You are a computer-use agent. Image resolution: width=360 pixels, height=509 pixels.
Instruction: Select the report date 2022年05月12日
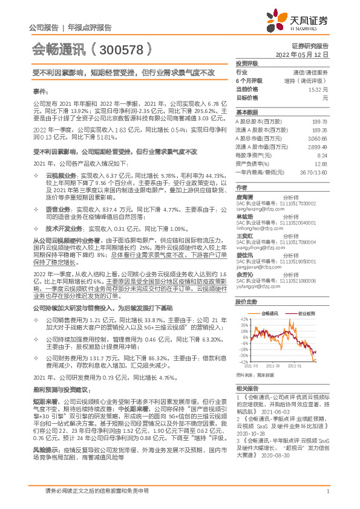(x=305, y=54)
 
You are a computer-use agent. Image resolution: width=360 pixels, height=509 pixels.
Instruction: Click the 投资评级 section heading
(x=247, y=63)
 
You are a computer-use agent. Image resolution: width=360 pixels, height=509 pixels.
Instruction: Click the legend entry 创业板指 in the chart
(x=306, y=314)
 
